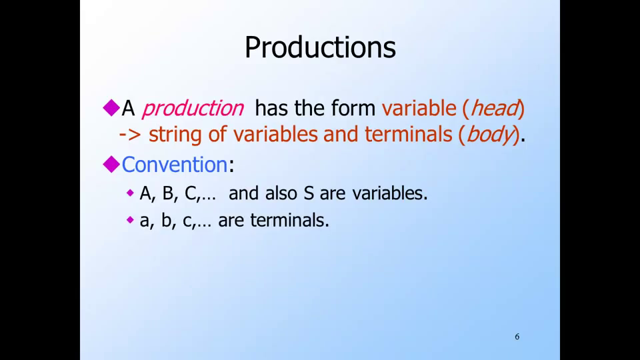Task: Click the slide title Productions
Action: click(x=320, y=47)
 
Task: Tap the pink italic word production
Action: click(x=193, y=109)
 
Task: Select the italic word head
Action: click(x=495, y=108)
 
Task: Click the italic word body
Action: click(x=489, y=134)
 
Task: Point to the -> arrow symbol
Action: click(x=130, y=135)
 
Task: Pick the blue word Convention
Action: click(x=174, y=165)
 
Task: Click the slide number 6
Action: click(x=517, y=337)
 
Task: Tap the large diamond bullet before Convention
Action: click(x=111, y=165)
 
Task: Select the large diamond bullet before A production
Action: click(x=111, y=108)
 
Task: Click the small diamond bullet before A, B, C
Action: click(x=130, y=193)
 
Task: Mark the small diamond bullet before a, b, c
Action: click(x=130, y=220)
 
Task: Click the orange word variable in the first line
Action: click(x=419, y=108)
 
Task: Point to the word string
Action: click(x=175, y=135)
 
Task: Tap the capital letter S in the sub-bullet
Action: click(x=309, y=193)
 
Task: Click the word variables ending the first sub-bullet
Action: click(x=390, y=193)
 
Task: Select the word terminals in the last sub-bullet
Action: click(x=289, y=221)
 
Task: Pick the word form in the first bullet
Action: click(x=353, y=108)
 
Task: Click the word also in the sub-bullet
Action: click(x=281, y=193)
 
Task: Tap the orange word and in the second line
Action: click(x=341, y=134)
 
